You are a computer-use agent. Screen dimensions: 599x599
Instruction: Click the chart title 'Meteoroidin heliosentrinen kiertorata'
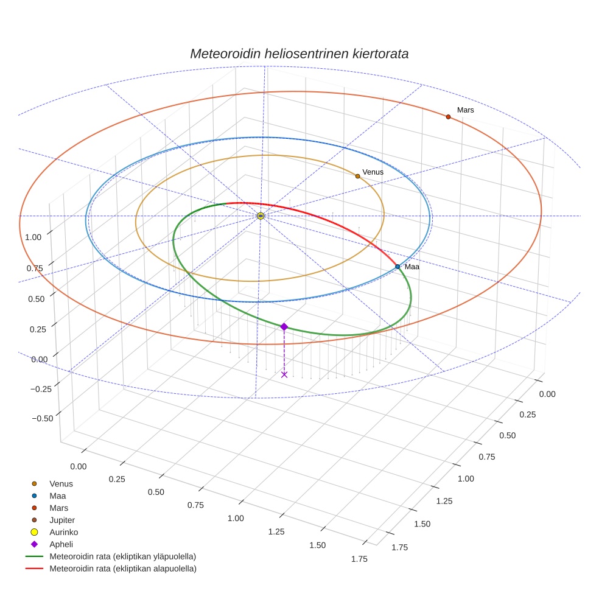click(299, 54)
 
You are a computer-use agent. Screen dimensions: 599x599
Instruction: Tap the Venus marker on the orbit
click(357, 176)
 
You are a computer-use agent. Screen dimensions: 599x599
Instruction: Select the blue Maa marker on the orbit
click(398, 267)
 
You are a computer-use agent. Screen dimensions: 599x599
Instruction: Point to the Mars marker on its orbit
click(448, 117)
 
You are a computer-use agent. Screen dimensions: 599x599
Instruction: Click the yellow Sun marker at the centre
click(261, 216)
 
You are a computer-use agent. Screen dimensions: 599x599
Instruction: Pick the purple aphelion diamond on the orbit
click(284, 327)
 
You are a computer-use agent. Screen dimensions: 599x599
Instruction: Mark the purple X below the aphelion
click(284, 374)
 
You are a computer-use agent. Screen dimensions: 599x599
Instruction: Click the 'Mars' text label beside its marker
click(465, 110)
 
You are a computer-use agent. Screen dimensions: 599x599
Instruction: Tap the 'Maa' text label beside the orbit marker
click(412, 267)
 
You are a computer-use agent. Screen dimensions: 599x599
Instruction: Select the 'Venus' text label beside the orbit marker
click(373, 172)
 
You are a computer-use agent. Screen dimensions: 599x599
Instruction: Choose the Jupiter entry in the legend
click(62, 520)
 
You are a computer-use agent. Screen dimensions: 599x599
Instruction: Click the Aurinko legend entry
click(63, 532)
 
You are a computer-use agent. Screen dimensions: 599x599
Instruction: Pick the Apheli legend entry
click(61, 544)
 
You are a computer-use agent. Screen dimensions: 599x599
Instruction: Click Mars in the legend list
click(58, 508)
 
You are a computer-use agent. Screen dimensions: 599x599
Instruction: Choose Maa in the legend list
click(57, 496)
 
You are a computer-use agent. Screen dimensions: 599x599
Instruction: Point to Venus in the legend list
click(61, 483)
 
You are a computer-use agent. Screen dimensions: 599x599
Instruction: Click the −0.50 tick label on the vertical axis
click(41, 418)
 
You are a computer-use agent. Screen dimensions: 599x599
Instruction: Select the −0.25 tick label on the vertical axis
click(41, 388)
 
